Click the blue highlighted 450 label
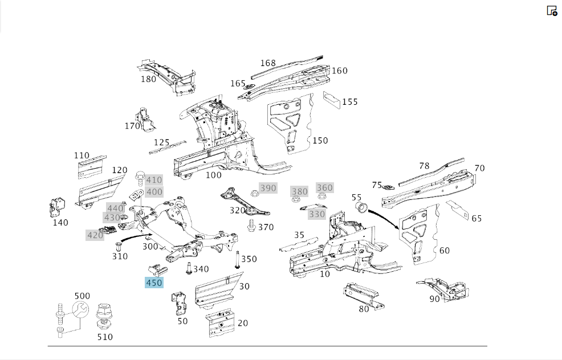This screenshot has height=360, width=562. [x=154, y=283]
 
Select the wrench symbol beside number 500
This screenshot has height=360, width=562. [x=80, y=309]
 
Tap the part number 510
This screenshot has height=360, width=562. [x=105, y=337]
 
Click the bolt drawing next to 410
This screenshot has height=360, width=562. [x=140, y=178]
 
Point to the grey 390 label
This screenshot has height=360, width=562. [x=268, y=188]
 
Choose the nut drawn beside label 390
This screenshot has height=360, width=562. [x=254, y=194]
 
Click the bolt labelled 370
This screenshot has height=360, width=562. [x=251, y=226]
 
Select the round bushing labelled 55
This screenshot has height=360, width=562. [x=361, y=207]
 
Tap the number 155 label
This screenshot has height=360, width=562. [x=350, y=102]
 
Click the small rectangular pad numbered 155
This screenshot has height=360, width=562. [x=332, y=100]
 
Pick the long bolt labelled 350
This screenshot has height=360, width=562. [x=237, y=260]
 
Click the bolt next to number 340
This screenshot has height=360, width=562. [x=189, y=268]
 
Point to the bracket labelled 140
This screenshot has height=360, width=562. [x=56, y=207]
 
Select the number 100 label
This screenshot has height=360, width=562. [x=214, y=175]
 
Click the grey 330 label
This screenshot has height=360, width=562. [x=317, y=214]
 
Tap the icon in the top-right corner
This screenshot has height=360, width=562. [x=552, y=11]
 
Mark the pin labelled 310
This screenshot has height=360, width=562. [x=119, y=247]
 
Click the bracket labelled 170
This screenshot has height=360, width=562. [x=145, y=120]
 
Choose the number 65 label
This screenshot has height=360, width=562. [x=477, y=219]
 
